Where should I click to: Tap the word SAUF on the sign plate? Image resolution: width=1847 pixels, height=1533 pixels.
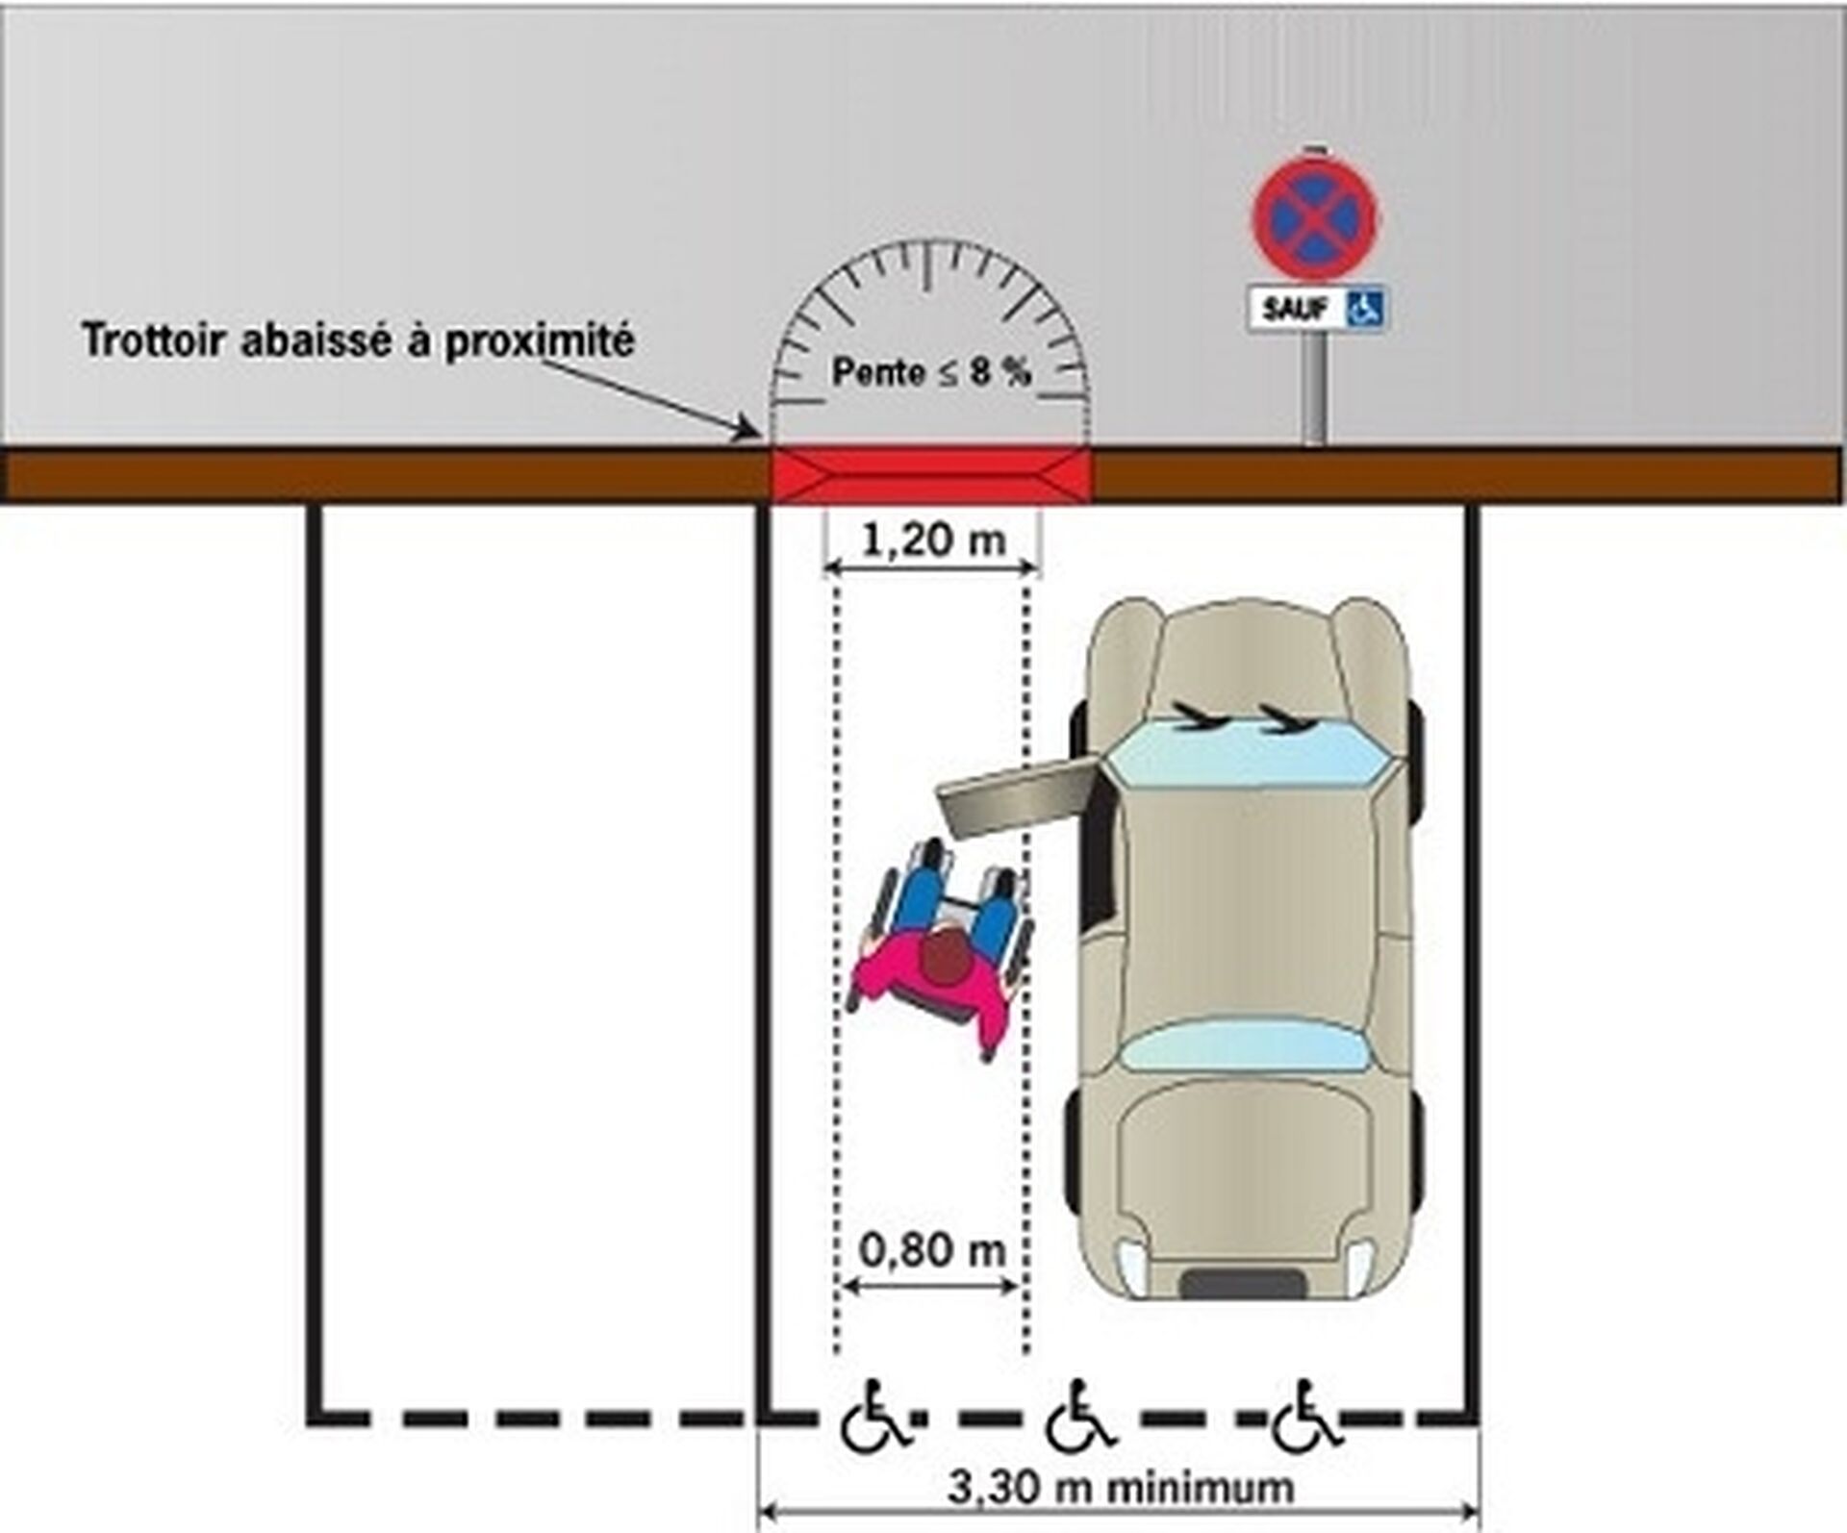click(1295, 310)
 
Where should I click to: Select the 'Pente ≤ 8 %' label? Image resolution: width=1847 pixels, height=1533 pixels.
click(931, 372)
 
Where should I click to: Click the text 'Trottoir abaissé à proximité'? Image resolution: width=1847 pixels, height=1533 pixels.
click(358, 340)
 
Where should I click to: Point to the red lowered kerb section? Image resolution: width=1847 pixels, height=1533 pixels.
click(931, 475)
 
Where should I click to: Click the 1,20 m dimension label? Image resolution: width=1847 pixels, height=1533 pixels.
click(932, 540)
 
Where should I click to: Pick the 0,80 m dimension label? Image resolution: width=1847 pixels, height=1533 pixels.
click(931, 1250)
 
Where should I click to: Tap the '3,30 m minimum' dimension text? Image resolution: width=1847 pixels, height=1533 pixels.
click(1121, 1487)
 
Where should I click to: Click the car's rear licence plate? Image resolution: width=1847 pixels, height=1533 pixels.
click(1243, 1284)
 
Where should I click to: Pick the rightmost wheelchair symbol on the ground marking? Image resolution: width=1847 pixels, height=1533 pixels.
click(1305, 1417)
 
